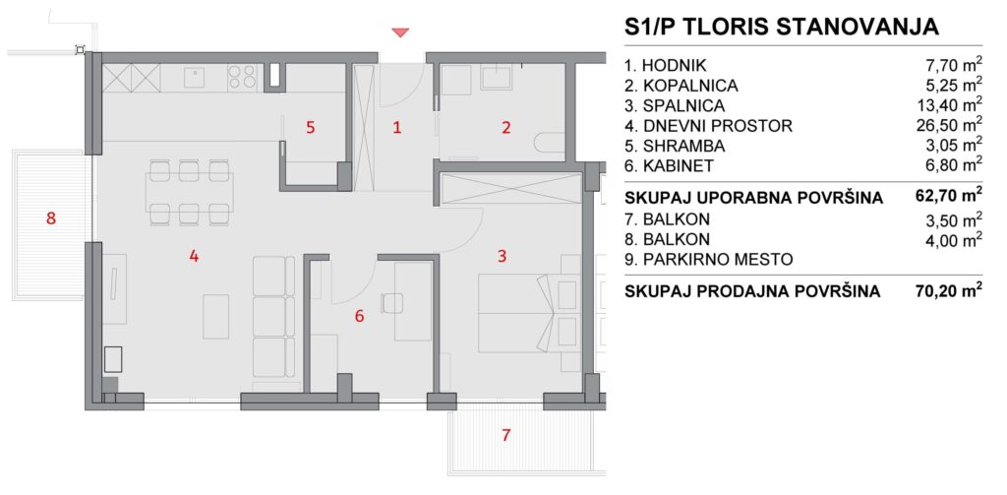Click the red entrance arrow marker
(401, 32)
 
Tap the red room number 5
(310, 127)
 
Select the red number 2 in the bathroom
(506, 127)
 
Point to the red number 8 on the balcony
(51, 218)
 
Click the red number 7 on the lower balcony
(506, 435)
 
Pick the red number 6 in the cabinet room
(359, 316)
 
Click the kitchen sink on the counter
(194, 78)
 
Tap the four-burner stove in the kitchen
(242, 77)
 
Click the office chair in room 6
(390, 302)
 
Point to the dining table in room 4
(190, 192)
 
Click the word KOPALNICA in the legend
(689, 86)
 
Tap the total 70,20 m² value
(949, 292)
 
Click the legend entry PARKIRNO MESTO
(708, 260)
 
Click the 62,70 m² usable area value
(949, 198)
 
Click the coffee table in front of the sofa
(216, 316)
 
